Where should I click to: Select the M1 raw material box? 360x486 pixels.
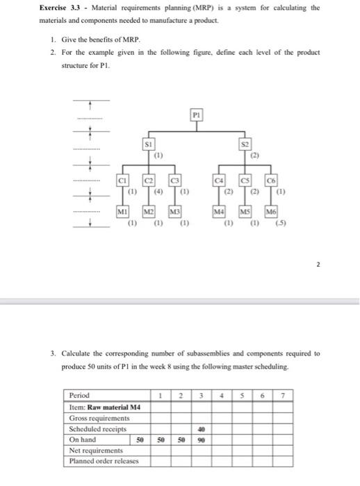123,211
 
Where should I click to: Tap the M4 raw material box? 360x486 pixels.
220,211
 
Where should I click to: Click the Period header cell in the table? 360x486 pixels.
80,395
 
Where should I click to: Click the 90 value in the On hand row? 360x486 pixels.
201,439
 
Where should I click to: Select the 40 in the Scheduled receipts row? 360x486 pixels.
201,428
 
